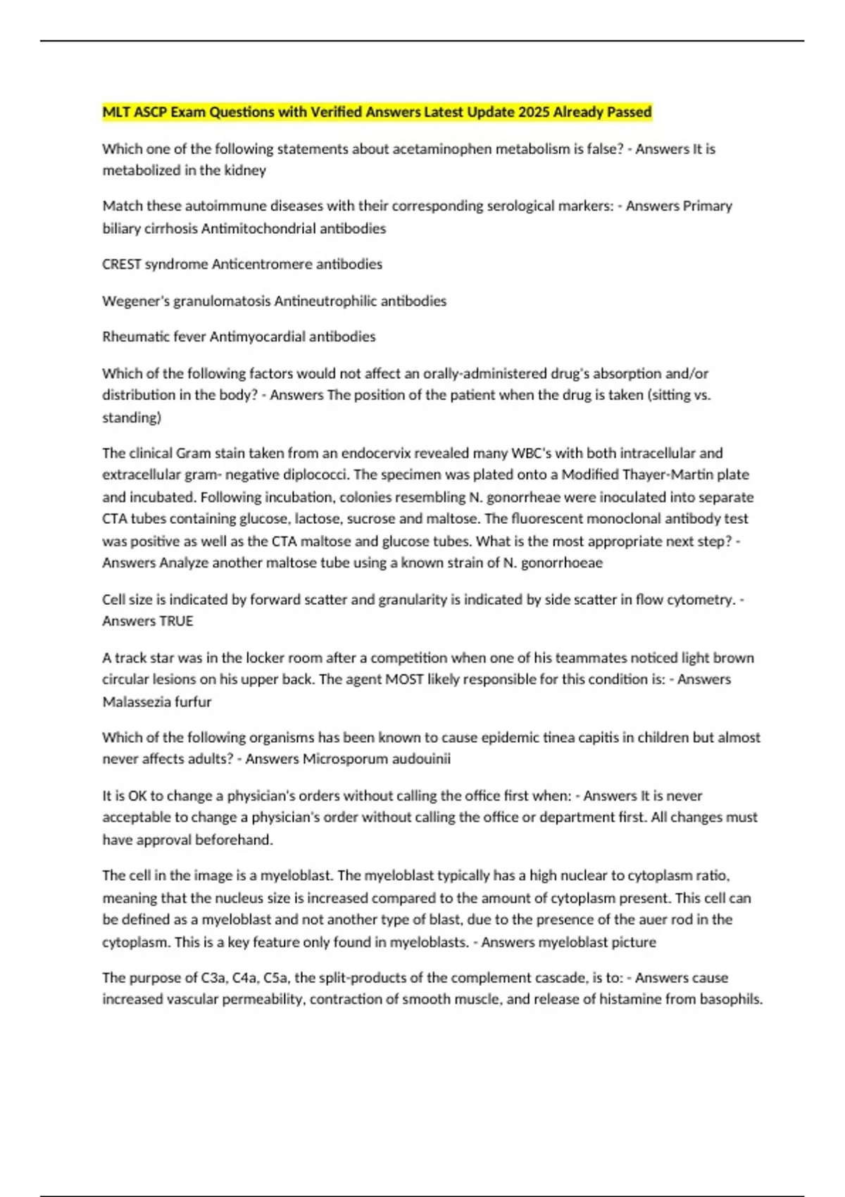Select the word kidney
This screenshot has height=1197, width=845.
point(245,170)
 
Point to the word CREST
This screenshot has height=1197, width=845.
point(122,264)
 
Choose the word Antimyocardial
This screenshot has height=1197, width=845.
point(258,337)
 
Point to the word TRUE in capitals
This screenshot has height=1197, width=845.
point(176,621)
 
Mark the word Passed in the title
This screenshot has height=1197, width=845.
point(630,112)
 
